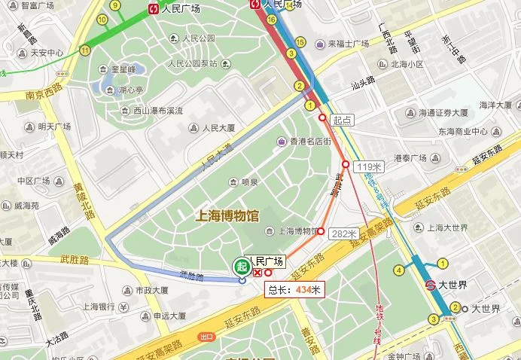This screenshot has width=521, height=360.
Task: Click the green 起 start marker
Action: [241, 265]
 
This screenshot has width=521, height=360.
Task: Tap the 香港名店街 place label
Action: [306, 141]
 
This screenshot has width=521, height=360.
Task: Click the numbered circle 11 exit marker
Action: [84, 50]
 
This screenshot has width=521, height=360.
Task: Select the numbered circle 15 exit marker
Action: [300, 41]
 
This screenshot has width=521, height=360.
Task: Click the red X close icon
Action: [257, 273]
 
